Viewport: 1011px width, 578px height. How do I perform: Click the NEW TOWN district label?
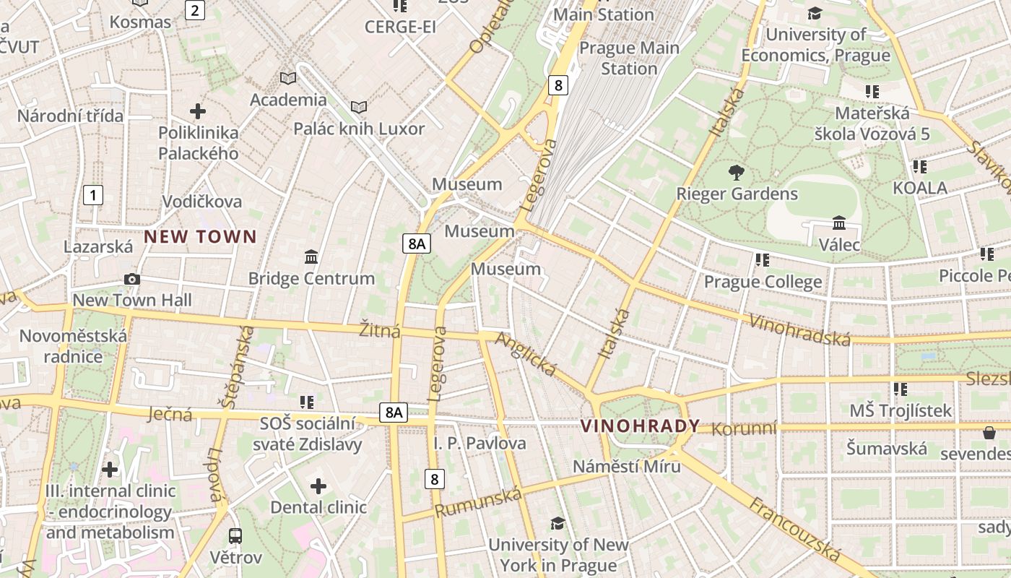click(x=200, y=236)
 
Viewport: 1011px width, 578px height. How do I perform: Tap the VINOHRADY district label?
click(x=641, y=426)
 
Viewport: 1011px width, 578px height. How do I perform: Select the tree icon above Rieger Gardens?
click(x=737, y=173)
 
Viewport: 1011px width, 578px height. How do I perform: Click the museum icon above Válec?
click(x=839, y=223)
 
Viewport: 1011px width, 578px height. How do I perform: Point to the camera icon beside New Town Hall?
click(x=131, y=279)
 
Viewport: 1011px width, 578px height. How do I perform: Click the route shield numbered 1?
click(x=92, y=194)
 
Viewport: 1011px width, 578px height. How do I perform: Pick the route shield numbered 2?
click(x=195, y=10)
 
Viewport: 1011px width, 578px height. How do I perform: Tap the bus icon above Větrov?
click(x=235, y=535)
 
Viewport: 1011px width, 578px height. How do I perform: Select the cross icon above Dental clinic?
click(x=318, y=486)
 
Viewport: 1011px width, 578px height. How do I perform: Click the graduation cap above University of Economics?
click(x=815, y=13)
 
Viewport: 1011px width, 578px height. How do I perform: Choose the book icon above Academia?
click(x=287, y=78)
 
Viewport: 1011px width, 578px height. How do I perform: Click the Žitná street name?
click(x=380, y=331)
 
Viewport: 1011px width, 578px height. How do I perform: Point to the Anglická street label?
click(x=526, y=354)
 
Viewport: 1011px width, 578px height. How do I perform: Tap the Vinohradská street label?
click(x=800, y=329)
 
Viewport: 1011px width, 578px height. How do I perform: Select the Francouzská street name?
click(x=794, y=529)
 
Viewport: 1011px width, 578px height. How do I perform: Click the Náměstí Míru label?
click(x=626, y=466)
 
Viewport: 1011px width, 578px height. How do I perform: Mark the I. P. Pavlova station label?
click(x=480, y=443)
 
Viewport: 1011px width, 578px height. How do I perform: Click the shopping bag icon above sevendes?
click(x=989, y=432)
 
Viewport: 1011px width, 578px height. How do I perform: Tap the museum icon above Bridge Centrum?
click(x=311, y=256)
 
